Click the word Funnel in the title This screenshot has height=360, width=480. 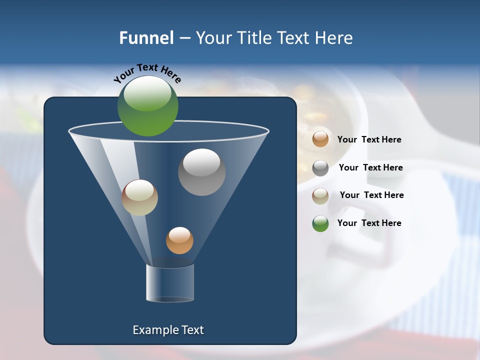coord(146,38)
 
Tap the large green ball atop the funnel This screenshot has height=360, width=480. coord(147,105)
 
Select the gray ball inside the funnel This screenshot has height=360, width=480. coord(201,172)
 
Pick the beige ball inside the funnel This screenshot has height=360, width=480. coord(139,197)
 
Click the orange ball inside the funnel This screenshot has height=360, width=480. coord(179,240)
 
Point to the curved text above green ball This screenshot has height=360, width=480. coord(147,72)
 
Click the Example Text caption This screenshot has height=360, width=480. coord(168,330)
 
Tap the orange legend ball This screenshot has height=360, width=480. coord(320,139)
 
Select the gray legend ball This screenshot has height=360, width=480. coord(320,168)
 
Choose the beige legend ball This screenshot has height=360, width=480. coord(320,196)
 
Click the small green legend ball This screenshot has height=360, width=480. coord(320,223)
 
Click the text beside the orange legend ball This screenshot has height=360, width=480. coord(369,140)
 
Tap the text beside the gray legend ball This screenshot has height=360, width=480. coord(370,168)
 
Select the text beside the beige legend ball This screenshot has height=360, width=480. coord(371,195)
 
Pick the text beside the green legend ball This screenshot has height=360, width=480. coord(369,223)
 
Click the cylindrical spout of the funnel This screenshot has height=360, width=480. coord(170,283)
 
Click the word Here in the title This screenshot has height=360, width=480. coord(334,38)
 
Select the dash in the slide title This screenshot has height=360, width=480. coord(184,38)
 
